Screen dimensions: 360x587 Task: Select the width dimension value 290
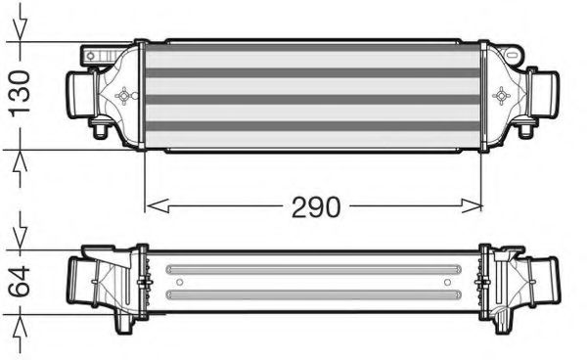pyautogui.click(x=314, y=207)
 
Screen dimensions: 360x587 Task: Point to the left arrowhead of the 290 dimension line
pyautogui.click(x=153, y=206)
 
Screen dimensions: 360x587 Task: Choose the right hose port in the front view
pyautogui.click(x=544, y=96)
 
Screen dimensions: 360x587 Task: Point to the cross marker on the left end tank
pyautogui.click(x=124, y=96)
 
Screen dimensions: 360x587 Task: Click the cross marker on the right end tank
pyautogui.click(x=503, y=96)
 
